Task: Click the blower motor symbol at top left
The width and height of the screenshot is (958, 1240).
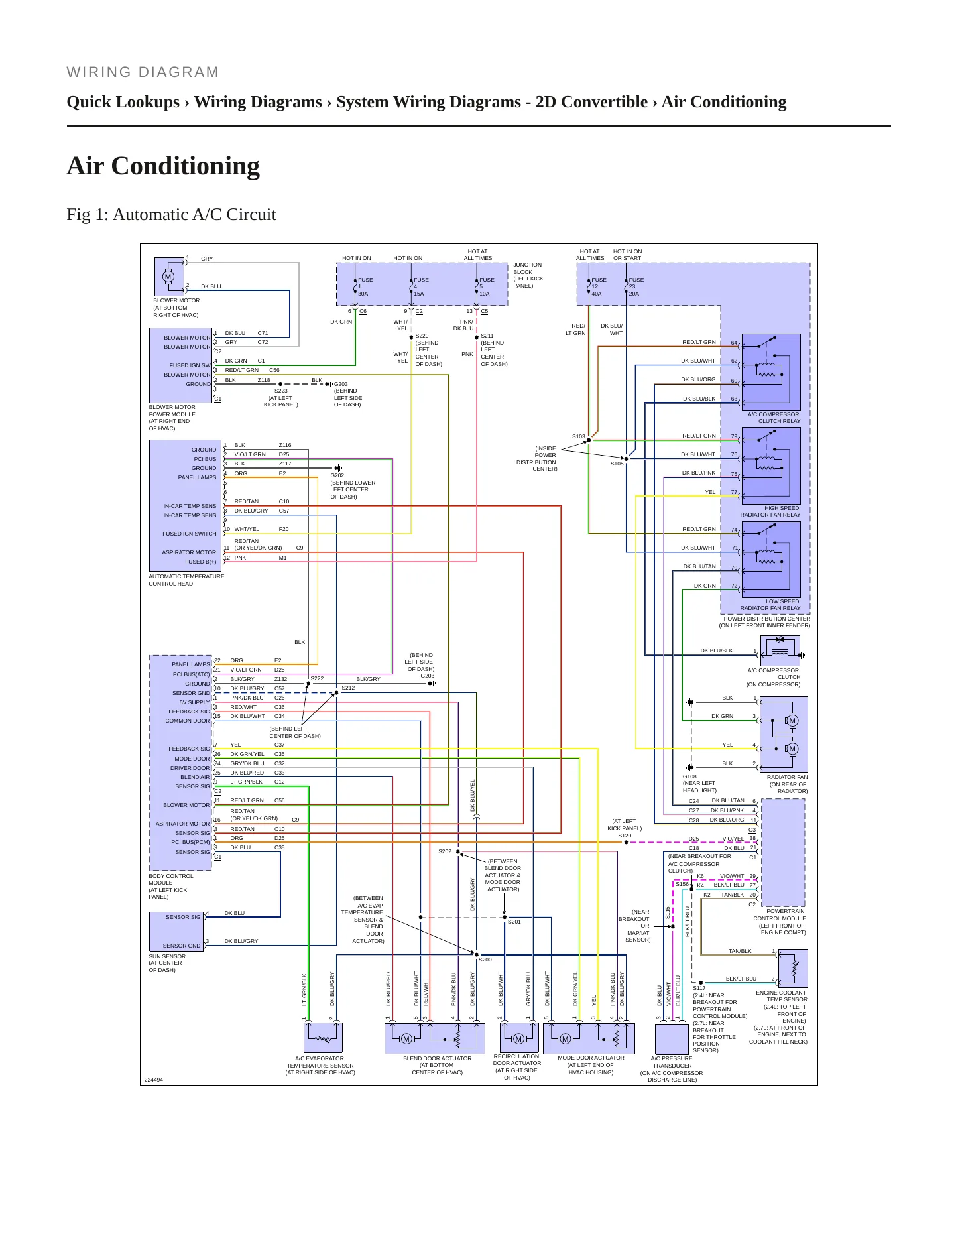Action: click(168, 277)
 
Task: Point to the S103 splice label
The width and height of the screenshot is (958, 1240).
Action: click(579, 436)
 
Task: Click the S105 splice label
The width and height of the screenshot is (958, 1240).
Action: click(617, 464)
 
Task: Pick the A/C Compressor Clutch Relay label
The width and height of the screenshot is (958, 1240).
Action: click(774, 418)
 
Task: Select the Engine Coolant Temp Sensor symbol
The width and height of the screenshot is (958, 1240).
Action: click(793, 968)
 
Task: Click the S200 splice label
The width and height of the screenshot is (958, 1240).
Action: click(485, 960)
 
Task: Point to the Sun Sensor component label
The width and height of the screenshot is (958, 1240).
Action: click(167, 963)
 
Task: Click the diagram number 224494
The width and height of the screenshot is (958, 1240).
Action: click(154, 1080)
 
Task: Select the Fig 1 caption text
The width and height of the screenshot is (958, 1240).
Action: click(171, 215)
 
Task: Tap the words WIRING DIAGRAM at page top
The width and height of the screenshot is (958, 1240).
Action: click(143, 72)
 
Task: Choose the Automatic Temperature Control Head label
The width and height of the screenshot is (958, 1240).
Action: click(186, 580)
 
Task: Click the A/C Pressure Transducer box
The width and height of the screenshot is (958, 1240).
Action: click(672, 1039)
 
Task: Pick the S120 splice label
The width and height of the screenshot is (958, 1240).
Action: click(625, 836)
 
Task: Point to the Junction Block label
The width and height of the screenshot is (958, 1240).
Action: click(528, 275)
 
